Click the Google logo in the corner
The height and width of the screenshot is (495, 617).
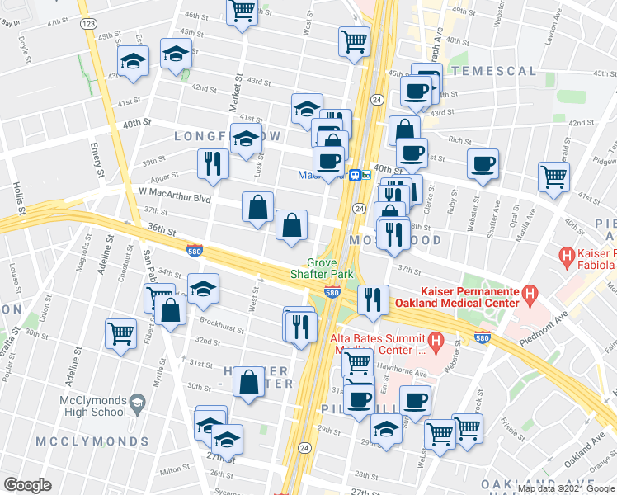pyautogui.click(x=27, y=485)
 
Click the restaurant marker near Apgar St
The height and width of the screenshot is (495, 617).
pyautogui.click(x=213, y=163)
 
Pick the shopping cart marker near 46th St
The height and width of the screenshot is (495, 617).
pyautogui.click(x=242, y=12)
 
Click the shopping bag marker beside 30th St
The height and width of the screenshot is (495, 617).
pyautogui.click(x=249, y=381)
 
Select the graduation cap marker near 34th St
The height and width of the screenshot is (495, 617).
pyautogui.click(x=203, y=288)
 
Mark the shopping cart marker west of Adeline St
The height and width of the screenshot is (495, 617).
pyautogui.click(x=121, y=333)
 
